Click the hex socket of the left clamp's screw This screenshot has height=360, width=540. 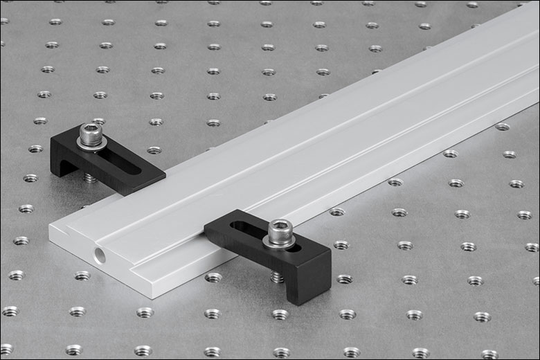(89, 130)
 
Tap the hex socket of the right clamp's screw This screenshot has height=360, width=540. (280, 226)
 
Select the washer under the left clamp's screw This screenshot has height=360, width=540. (91, 144)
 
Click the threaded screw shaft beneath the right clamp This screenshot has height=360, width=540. (277, 277)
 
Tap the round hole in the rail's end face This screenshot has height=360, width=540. (100, 255)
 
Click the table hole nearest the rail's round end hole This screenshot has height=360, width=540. (82, 276)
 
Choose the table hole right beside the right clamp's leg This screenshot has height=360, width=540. (344, 279)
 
